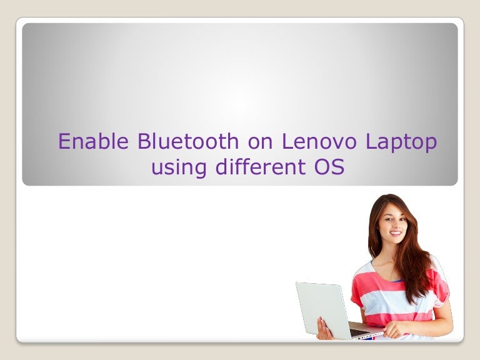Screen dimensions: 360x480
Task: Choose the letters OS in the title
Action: click(x=326, y=167)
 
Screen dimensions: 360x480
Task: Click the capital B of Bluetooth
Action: click(x=144, y=142)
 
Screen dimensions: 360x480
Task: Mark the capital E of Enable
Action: click(x=64, y=142)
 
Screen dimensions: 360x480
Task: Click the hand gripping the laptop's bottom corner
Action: click(x=324, y=329)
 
